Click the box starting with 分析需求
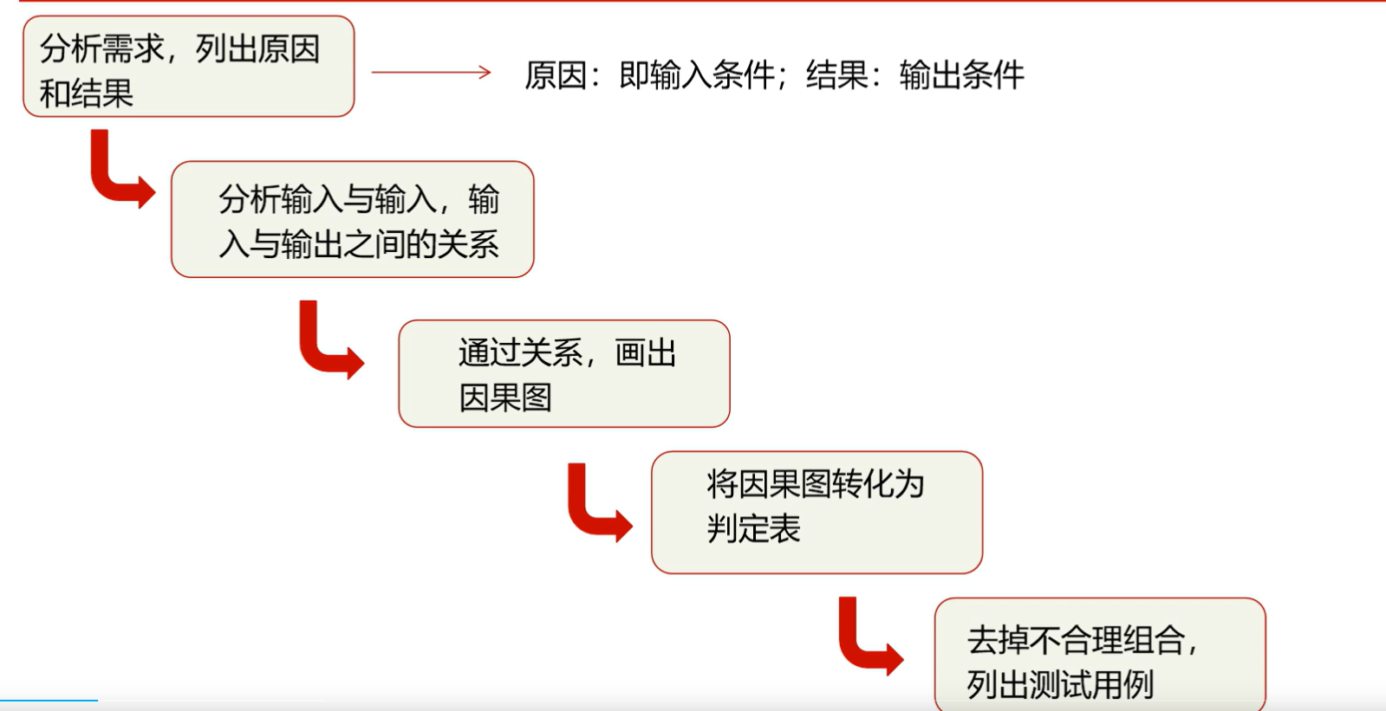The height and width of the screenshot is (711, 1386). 188,67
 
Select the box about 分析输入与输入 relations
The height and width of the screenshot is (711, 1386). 352,219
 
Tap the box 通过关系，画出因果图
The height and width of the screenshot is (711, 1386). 563,373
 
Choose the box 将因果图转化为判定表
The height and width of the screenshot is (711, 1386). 816,512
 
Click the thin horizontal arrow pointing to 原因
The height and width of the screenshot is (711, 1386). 431,73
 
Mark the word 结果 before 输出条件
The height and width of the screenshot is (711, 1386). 837,75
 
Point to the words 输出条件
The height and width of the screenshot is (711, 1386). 962,75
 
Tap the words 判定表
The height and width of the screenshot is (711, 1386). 754,528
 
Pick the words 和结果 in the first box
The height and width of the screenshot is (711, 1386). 87,93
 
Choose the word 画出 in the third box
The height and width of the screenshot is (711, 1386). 646,353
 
